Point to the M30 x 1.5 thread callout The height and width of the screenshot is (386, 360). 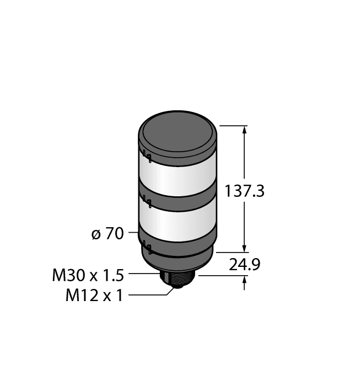click(88, 274)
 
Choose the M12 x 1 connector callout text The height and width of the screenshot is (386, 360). click(94, 296)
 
